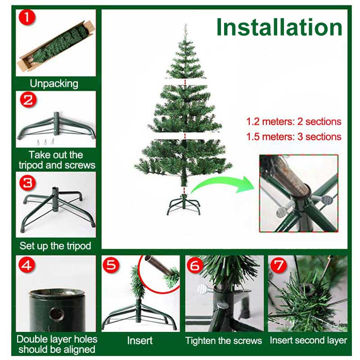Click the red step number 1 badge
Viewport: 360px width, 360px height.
pos(27,17)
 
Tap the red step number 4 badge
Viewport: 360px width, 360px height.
pos(27,265)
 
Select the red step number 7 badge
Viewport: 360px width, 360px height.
pos(279,265)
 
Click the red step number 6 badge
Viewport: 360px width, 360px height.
pos(195,265)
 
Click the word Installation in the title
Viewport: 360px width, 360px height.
pos(279,27)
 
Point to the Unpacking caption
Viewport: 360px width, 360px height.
pos(54,84)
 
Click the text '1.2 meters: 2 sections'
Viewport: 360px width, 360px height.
pos(294,121)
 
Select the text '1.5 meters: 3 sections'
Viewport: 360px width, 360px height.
pos(294,137)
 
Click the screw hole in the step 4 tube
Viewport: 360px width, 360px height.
pos(56,314)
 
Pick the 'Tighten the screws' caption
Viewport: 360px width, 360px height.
pos(223,341)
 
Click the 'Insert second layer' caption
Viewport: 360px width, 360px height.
pos(308,340)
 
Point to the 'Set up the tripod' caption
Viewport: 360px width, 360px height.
pos(55,246)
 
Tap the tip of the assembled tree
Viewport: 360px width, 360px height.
pos(185,24)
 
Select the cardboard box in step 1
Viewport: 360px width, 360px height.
pos(56,46)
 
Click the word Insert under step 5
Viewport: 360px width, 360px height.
pos(140,341)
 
